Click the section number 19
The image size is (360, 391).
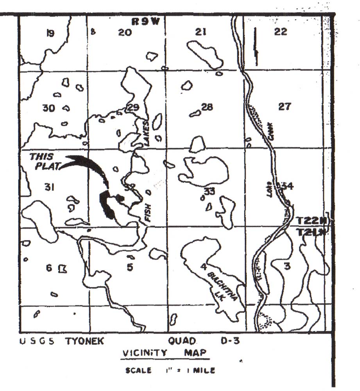pyautogui.click(x=50, y=33)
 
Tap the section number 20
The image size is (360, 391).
pyautogui.click(x=125, y=33)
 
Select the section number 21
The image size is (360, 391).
pyautogui.click(x=201, y=32)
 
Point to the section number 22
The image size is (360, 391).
pyautogui.click(x=281, y=32)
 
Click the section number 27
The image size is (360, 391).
pyautogui.click(x=284, y=106)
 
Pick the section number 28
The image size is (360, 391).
pyautogui.click(x=206, y=106)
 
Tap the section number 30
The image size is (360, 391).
pyautogui.click(x=48, y=108)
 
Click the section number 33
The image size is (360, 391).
pyautogui.click(x=210, y=191)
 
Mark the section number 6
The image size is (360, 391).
pyautogui.click(x=49, y=268)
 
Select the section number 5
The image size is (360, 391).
pyautogui.click(x=130, y=267)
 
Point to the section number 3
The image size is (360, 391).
pyautogui.click(x=287, y=267)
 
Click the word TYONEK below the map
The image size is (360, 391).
pyautogui.click(x=84, y=341)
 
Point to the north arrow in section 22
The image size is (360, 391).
pyautogui.click(x=256, y=46)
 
